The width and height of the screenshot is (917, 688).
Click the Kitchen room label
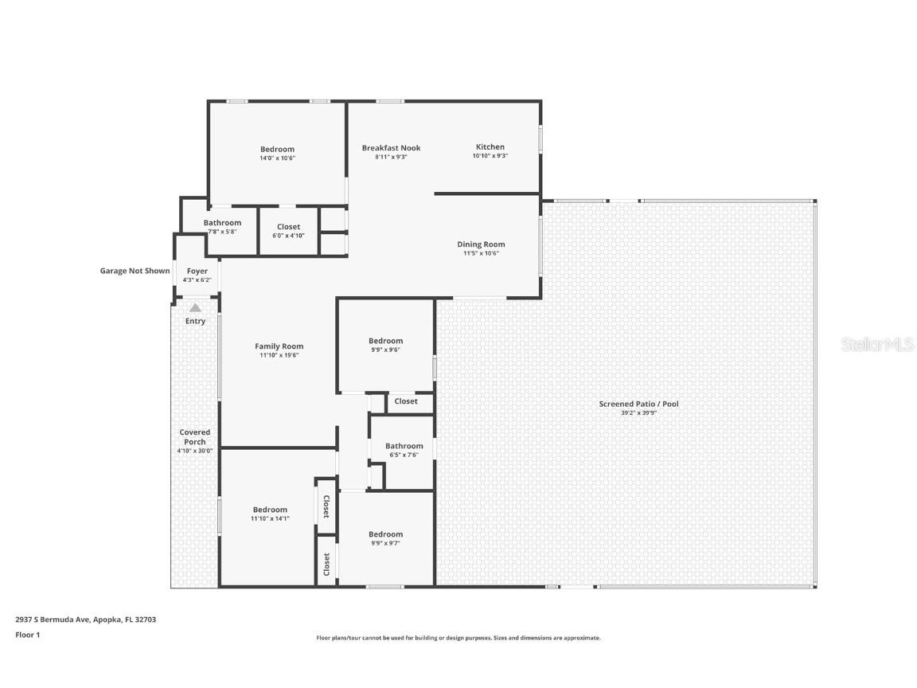[490, 147]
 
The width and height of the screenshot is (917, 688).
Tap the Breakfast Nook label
[391, 148]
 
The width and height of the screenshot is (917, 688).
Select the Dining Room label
[481, 244]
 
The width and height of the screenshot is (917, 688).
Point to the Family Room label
[279, 346]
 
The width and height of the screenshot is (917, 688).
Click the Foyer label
[197, 272]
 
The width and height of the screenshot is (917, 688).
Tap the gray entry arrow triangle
[195, 307]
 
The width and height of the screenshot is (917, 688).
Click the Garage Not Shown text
[135, 271]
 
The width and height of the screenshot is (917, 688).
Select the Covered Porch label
[195, 437]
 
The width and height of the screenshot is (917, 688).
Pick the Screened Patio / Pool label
[638, 404]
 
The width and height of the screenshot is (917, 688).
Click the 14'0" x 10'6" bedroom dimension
[277, 158]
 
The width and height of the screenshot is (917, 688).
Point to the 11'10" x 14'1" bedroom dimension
[270, 518]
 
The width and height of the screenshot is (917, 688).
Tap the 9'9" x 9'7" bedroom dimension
[385, 543]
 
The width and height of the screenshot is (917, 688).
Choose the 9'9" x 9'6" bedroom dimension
[385, 350]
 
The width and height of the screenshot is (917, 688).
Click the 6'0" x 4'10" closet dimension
[288, 236]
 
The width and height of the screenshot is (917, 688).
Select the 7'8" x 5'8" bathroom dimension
[222, 232]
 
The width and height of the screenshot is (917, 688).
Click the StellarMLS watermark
[877, 344]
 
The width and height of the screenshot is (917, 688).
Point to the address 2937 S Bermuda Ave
[86, 619]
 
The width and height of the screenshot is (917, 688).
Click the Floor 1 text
[27, 635]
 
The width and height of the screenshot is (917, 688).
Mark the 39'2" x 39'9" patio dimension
[638, 413]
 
